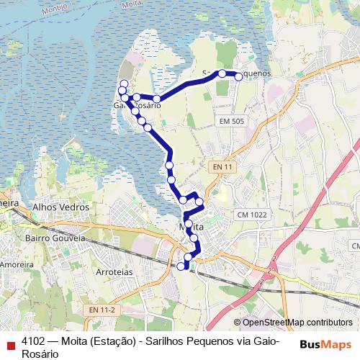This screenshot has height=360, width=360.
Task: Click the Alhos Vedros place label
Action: click(60, 207)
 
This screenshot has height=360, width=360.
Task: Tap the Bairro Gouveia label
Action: click(55, 238)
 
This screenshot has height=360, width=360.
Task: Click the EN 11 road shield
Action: click(223, 167)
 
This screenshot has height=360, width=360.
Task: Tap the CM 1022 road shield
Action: click(251, 215)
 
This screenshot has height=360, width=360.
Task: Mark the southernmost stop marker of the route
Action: click(181, 266)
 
